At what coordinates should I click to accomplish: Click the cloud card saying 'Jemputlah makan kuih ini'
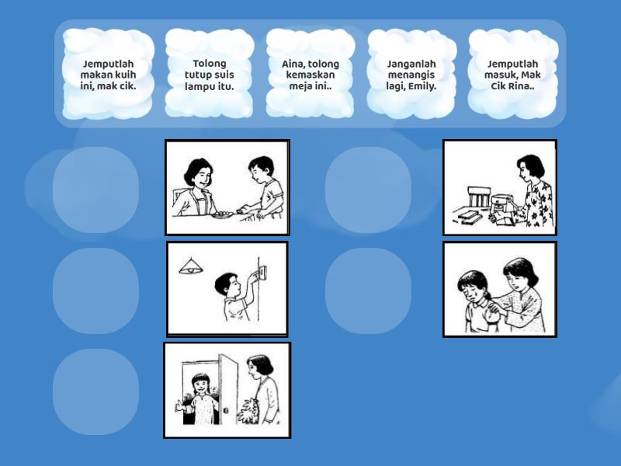coord(108,74)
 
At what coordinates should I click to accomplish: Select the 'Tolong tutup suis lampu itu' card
coord(210,74)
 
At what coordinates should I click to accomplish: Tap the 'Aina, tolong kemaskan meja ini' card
coord(310,74)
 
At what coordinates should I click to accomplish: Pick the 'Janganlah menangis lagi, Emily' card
coord(411,74)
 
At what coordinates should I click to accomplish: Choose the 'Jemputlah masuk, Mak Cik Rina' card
coord(513,74)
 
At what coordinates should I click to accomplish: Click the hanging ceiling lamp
coord(191,266)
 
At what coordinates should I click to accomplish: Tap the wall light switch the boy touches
coord(262,273)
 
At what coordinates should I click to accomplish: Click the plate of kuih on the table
coord(223,215)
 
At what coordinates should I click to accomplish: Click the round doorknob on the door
coord(226,411)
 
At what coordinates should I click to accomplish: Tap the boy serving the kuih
coord(263,187)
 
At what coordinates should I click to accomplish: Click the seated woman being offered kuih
coord(196,187)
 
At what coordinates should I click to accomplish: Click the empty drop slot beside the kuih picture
coord(95,190)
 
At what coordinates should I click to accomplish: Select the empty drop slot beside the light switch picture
coord(95,290)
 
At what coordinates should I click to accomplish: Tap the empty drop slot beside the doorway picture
coord(95,392)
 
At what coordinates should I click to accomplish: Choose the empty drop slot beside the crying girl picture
coord(368,290)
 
